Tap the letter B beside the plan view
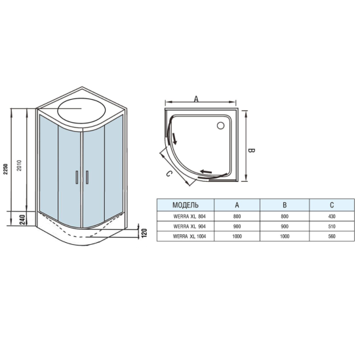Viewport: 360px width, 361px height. (250, 150)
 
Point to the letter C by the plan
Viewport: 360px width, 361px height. (169, 173)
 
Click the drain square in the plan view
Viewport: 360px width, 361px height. (220, 125)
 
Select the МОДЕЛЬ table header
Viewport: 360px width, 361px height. (186, 205)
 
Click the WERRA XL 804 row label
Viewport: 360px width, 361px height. (186, 216)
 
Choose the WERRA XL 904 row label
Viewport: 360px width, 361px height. (186, 226)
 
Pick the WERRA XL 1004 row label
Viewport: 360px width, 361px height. (186, 237)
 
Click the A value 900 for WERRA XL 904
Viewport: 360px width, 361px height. (237, 226)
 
